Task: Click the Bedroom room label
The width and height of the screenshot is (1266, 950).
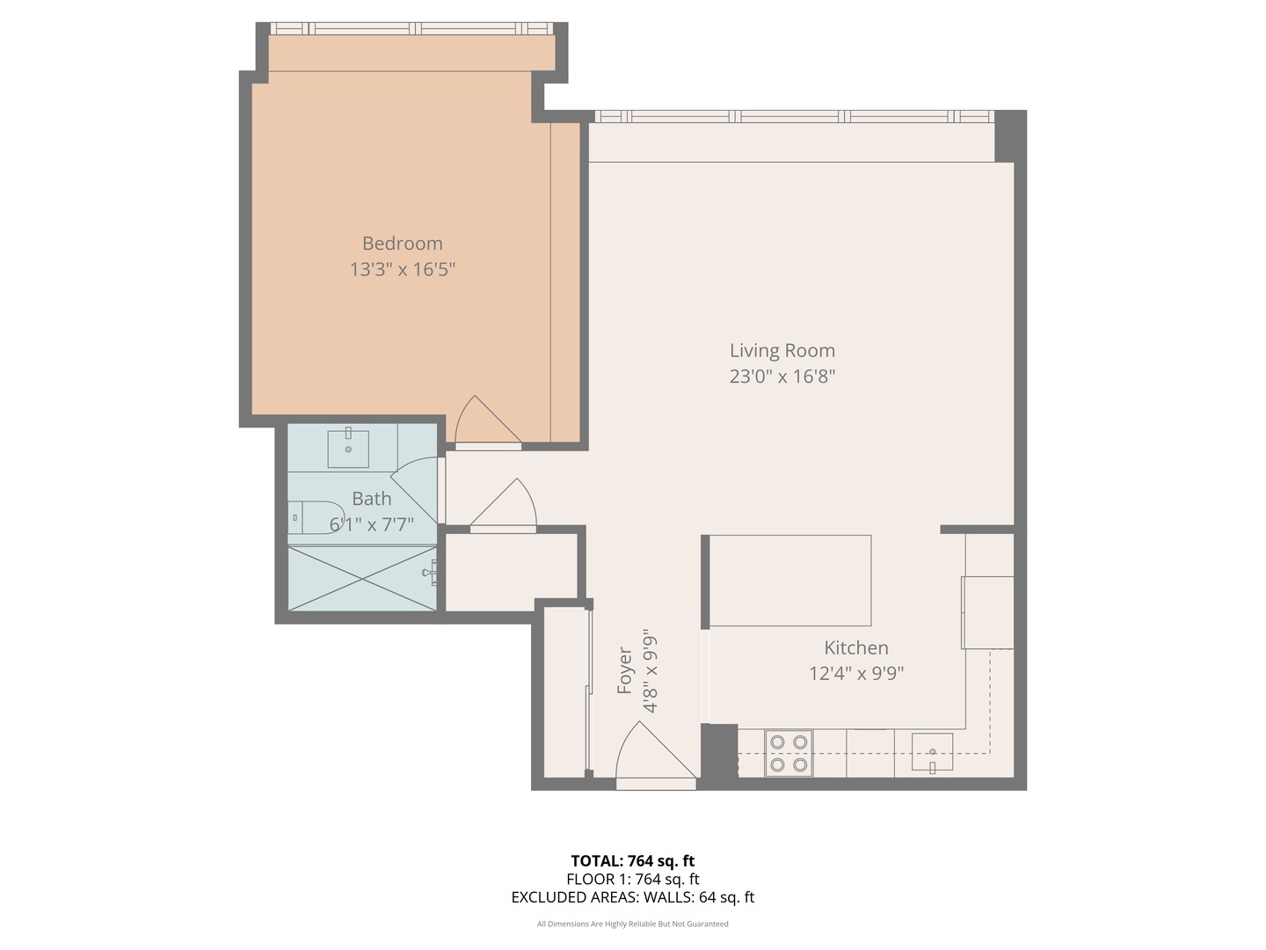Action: point(402,244)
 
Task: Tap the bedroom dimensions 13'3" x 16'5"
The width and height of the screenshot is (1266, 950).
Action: point(403,269)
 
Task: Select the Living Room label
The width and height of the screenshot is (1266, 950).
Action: point(782,350)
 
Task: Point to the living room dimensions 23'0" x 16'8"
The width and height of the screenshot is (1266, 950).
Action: point(782,376)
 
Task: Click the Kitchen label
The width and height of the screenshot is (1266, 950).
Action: point(856,647)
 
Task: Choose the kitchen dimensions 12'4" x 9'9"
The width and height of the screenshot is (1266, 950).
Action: point(856,673)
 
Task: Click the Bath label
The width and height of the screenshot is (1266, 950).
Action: point(371,499)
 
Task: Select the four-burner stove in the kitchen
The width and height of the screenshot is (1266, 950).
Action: point(789,753)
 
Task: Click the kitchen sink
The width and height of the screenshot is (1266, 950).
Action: point(931,752)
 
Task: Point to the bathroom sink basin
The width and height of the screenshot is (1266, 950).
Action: point(348,449)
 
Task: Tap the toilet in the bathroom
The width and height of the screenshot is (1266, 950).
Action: point(316,517)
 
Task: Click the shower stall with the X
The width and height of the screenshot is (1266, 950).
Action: point(361,578)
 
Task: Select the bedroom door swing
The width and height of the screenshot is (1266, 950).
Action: point(488,420)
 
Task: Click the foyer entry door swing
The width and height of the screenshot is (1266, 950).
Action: point(656,749)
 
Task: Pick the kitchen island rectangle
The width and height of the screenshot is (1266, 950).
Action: point(790,581)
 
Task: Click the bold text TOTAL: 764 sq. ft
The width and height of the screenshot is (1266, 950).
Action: point(633,860)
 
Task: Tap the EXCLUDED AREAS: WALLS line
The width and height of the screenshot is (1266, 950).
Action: point(633,897)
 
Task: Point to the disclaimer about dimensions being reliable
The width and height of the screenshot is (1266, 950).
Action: point(633,924)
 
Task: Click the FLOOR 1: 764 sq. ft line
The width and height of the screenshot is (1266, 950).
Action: point(633,879)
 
